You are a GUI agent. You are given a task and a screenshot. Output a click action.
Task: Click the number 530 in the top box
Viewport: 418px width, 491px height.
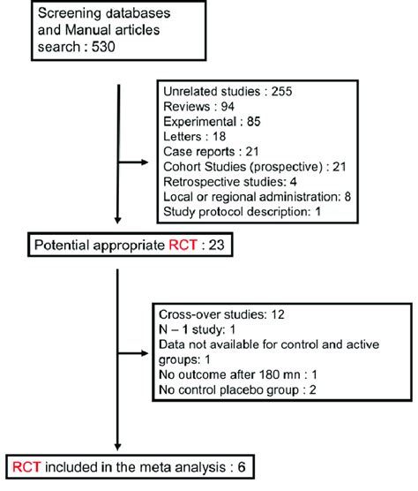click(x=103, y=47)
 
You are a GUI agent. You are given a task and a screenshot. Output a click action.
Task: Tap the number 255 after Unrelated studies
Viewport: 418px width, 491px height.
click(x=281, y=92)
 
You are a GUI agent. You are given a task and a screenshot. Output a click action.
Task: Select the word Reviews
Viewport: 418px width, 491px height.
click(x=187, y=107)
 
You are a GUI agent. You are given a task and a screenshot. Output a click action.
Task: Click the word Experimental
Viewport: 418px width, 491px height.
click(x=200, y=122)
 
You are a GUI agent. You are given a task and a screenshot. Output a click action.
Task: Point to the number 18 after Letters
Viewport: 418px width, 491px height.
click(x=220, y=137)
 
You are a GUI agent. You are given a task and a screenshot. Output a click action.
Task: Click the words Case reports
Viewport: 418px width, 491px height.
click(x=198, y=152)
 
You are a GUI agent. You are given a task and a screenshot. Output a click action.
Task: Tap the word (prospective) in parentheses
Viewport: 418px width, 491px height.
click(x=286, y=167)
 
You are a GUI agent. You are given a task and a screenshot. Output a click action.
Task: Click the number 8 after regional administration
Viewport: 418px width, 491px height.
click(x=347, y=197)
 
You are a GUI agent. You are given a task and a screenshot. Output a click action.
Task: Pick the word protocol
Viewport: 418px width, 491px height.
click(x=221, y=212)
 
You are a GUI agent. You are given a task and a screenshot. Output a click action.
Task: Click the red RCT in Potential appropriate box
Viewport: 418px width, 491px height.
click(x=183, y=245)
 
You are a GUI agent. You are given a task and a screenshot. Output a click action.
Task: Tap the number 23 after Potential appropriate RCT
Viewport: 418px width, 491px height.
click(x=216, y=245)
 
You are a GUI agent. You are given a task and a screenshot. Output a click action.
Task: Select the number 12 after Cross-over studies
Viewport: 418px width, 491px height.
click(x=278, y=314)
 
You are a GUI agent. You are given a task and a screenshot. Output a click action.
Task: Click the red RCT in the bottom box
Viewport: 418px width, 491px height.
click(x=26, y=467)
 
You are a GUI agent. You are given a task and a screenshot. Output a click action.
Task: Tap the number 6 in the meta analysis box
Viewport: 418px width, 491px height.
click(x=242, y=467)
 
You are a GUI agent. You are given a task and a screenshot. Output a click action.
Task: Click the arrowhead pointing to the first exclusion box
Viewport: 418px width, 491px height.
click(x=145, y=162)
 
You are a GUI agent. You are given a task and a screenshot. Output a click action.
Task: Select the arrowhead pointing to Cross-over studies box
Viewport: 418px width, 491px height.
click(x=145, y=353)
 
